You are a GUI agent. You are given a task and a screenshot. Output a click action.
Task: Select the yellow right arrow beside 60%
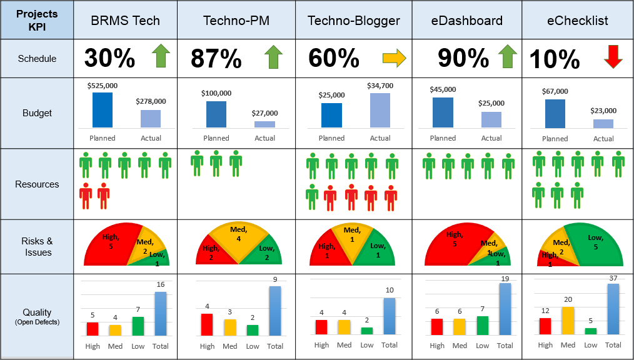394,58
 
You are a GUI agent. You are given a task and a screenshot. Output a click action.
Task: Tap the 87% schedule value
216,59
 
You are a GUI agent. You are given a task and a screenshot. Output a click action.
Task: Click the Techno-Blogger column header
353,21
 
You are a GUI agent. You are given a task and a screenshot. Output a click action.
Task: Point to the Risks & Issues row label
37,247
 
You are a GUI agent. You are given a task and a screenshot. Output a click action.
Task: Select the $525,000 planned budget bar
103,110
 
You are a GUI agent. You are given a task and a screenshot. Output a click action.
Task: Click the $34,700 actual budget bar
380,111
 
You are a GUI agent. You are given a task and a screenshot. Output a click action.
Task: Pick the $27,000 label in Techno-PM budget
265,113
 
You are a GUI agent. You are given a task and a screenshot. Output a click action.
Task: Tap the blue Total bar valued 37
613,309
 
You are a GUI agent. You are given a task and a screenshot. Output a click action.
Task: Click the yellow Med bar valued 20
568,320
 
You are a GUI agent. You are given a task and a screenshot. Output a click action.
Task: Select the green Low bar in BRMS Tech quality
138,326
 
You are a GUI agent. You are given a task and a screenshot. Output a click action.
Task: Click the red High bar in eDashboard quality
437,326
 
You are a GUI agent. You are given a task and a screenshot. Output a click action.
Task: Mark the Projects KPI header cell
37,21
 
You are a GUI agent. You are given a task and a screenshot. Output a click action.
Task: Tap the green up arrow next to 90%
508,57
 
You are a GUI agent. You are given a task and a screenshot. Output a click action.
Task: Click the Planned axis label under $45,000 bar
443,138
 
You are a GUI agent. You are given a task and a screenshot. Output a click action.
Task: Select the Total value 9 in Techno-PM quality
275,279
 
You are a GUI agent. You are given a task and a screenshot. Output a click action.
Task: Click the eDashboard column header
466,21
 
